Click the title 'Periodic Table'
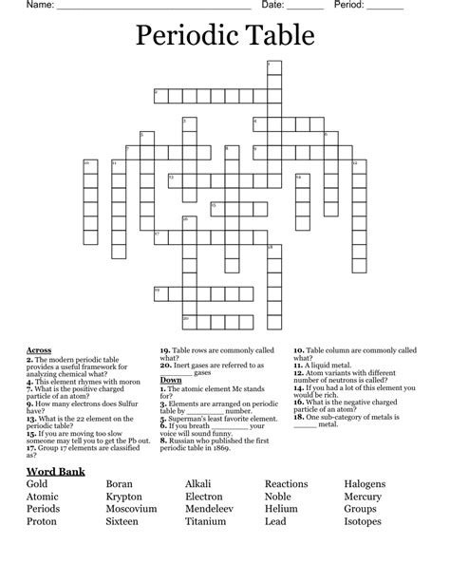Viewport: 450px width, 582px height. [x=225, y=37]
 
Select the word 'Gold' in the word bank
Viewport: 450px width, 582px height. [x=37, y=484]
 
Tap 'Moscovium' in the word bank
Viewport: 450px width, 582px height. [x=131, y=509]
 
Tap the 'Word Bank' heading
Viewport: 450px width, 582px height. [x=56, y=471]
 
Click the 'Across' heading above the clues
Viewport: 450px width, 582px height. [x=39, y=350]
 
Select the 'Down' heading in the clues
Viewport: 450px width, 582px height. [x=171, y=380]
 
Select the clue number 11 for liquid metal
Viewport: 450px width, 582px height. [x=298, y=365]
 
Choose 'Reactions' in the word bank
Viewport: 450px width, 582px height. [x=286, y=484]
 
